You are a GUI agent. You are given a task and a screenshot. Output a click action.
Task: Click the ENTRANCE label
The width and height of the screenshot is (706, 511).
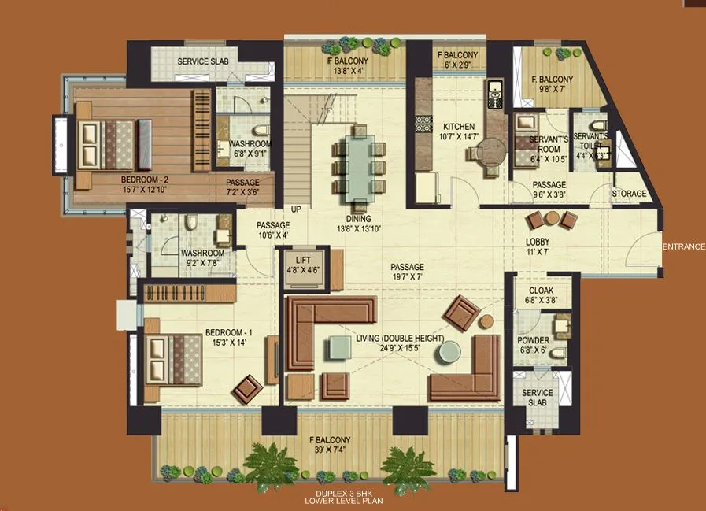pyautogui.click(x=683, y=247)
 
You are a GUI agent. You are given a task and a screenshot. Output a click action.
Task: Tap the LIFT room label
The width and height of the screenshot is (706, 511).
pyautogui.click(x=304, y=259)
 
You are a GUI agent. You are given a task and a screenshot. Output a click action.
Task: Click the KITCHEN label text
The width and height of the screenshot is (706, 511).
pyautogui.click(x=459, y=127)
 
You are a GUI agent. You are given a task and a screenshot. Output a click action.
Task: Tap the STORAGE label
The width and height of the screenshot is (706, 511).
pyautogui.click(x=629, y=194)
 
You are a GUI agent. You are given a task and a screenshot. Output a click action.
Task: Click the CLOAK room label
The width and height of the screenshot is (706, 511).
pyautogui.click(x=541, y=291)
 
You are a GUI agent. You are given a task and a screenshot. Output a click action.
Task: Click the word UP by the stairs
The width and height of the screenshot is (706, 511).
pyautogui.click(x=297, y=209)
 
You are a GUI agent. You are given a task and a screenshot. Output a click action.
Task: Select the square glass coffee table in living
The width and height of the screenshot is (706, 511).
pyautogui.click(x=341, y=347)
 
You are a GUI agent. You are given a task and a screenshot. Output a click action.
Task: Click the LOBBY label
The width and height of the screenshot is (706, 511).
pyautogui.click(x=538, y=242)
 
